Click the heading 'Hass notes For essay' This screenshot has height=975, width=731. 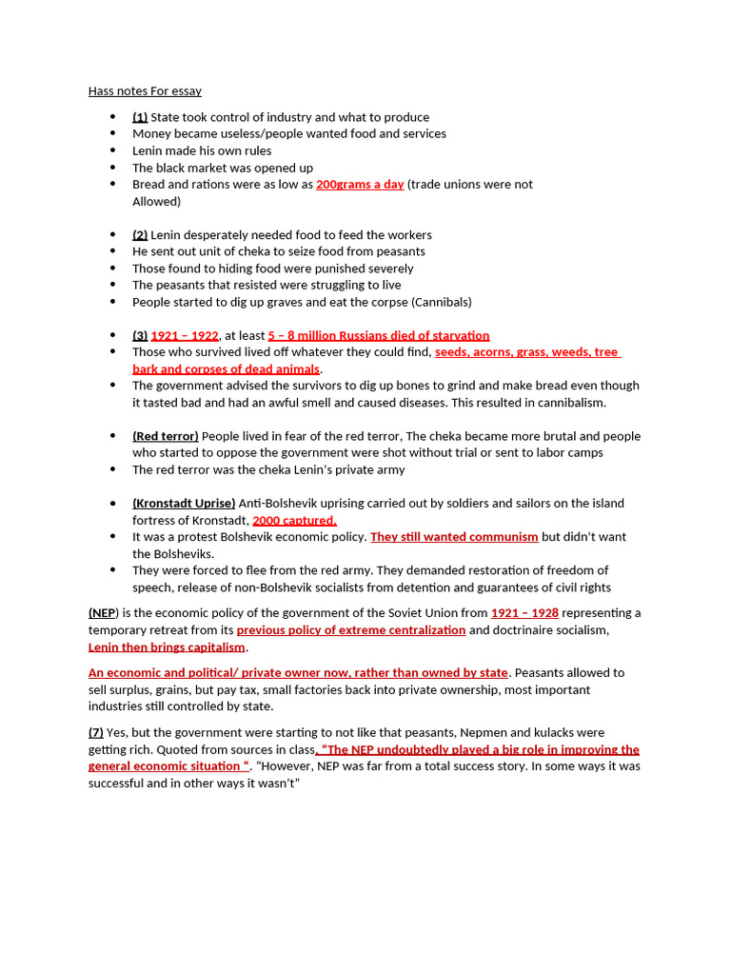click(x=145, y=91)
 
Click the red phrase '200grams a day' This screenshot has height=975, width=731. click(x=360, y=185)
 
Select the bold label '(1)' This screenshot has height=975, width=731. click(x=140, y=117)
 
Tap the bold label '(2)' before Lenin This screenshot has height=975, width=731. click(x=140, y=235)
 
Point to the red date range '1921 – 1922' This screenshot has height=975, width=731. click(x=185, y=336)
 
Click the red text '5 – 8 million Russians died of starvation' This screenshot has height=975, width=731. click(x=379, y=336)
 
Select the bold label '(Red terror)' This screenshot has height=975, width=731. click(x=166, y=436)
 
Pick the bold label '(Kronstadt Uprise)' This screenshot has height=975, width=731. click(x=184, y=504)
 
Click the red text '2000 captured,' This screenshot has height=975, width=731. click(x=294, y=521)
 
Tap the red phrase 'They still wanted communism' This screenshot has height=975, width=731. click(x=454, y=537)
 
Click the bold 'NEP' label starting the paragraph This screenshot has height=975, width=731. click(x=102, y=613)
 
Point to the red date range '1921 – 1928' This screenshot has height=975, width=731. click(x=524, y=613)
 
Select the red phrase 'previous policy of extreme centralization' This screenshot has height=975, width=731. click(x=351, y=630)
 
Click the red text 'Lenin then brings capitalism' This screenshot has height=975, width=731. click(x=167, y=647)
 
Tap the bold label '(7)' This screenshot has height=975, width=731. click(x=96, y=733)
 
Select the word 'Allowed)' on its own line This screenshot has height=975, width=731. click(x=156, y=202)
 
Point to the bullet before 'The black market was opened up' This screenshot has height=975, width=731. click(x=112, y=168)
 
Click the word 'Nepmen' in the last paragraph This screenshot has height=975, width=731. click(x=498, y=733)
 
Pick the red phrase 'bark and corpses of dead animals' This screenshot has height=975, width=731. click(x=226, y=369)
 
